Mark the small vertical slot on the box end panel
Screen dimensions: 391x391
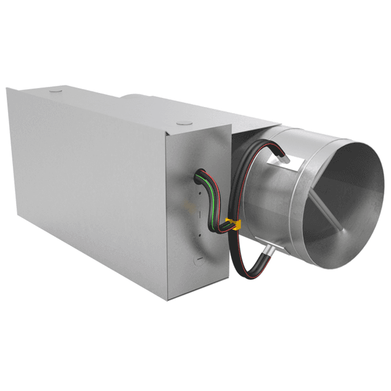tap(199, 213)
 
